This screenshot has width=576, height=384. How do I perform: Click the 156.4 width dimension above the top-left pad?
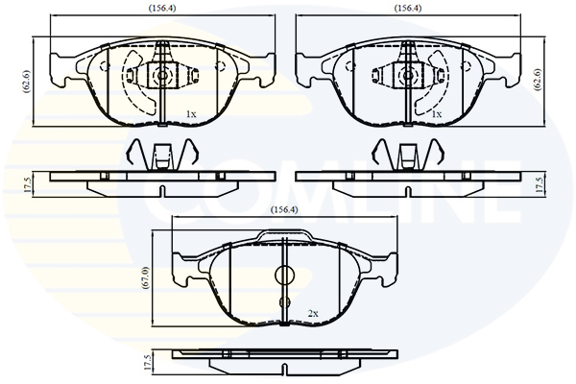click(x=162, y=8)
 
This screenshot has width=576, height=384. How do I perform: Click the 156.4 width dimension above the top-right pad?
click(x=408, y=8)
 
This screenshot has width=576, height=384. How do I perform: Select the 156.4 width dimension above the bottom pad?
click(x=284, y=210)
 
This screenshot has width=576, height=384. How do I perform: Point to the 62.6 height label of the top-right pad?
click(x=538, y=80)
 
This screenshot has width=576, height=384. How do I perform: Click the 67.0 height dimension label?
click(x=147, y=278)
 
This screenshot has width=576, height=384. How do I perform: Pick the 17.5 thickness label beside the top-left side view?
click(x=27, y=184)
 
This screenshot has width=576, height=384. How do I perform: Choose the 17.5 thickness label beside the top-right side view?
click(x=539, y=184)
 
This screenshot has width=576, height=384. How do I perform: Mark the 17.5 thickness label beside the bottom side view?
click(x=147, y=363)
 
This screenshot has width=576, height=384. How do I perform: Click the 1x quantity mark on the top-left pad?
click(x=191, y=114)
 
